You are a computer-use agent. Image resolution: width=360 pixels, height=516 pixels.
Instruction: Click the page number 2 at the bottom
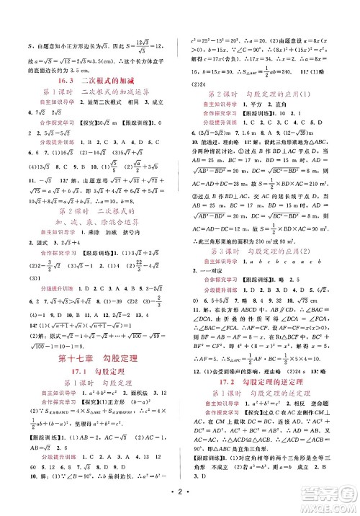180,499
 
